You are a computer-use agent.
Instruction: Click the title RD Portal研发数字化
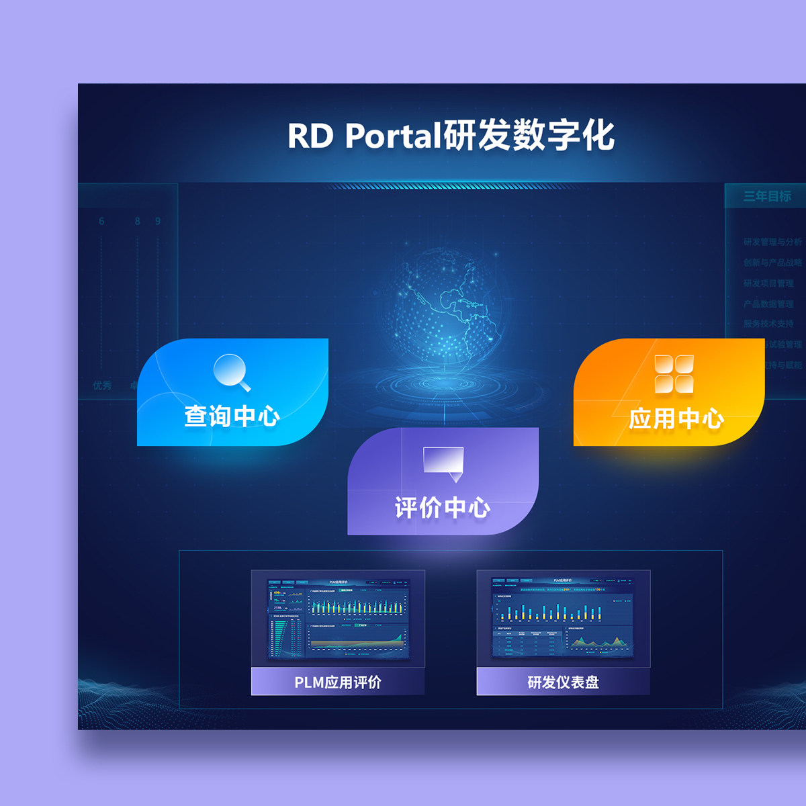click(x=451, y=136)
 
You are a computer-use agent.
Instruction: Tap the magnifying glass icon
click(x=232, y=371)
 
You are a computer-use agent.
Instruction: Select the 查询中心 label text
click(x=232, y=416)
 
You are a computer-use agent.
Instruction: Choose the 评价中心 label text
click(x=442, y=508)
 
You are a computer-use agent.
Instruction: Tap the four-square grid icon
click(x=674, y=374)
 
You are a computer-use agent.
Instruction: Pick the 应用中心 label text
click(x=676, y=419)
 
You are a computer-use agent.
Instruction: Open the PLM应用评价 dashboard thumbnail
click(x=338, y=619)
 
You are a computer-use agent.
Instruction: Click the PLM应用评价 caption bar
click(x=338, y=682)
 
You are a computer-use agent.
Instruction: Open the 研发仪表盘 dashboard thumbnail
click(x=563, y=619)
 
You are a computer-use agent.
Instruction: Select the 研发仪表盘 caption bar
click(x=563, y=682)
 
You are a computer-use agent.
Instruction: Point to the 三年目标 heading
click(x=766, y=196)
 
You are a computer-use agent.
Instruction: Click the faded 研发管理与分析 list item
click(x=772, y=242)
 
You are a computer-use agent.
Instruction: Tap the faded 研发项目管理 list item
click(x=768, y=283)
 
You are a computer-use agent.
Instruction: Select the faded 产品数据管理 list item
click(x=768, y=304)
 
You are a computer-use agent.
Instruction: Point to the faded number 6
click(x=101, y=221)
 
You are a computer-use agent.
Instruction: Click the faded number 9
click(x=158, y=221)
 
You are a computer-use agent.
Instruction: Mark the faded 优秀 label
click(x=102, y=386)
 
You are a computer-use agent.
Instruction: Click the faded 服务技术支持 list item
click(x=768, y=324)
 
